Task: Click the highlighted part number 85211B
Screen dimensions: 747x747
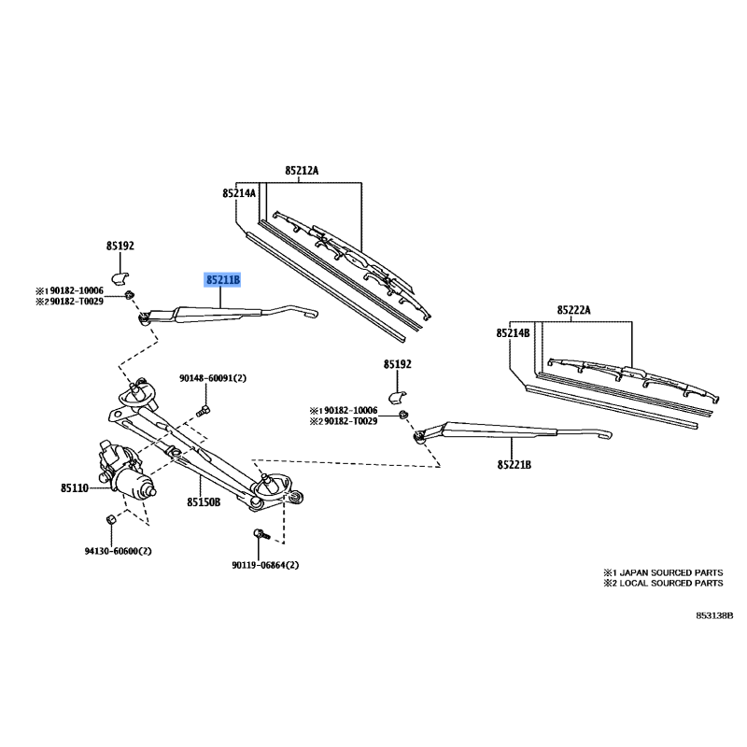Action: click(222, 279)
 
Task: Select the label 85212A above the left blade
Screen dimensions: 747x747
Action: click(302, 170)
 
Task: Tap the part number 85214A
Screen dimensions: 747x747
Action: click(239, 193)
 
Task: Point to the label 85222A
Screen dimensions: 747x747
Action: click(573, 310)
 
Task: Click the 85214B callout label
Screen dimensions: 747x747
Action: click(513, 333)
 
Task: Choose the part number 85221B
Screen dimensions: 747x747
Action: click(514, 464)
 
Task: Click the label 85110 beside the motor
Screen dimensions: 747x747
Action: click(75, 487)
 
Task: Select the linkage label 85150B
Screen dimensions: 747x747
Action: click(204, 501)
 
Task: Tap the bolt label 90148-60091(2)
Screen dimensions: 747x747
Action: click(213, 378)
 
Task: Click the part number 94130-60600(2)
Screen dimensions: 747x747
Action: click(119, 551)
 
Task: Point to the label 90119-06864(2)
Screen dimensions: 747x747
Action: click(265, 566)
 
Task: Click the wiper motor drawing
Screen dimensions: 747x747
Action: click(125, 468)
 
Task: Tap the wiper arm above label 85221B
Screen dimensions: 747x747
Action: click(512, 431)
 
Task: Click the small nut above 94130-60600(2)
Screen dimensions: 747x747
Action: click(110, 519)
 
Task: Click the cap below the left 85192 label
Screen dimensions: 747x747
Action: click(120, 277)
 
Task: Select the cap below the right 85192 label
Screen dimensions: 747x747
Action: click(397, 396)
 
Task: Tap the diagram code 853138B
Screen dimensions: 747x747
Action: click(714, 615)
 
